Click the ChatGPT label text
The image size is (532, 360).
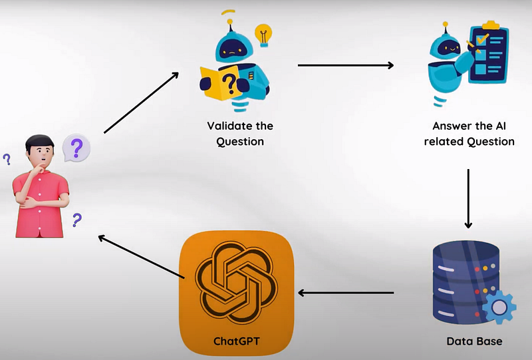(x=237, y=341)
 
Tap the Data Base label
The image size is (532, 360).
(x=474, y=341)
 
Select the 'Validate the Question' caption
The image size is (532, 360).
(x=240, y=133)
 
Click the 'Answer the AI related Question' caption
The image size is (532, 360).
(x=473, y=133)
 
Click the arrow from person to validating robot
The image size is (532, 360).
(x=141, y=102)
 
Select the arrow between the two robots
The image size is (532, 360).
(x=345, y=65)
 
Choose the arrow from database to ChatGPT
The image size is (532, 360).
(x=346, y=293)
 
